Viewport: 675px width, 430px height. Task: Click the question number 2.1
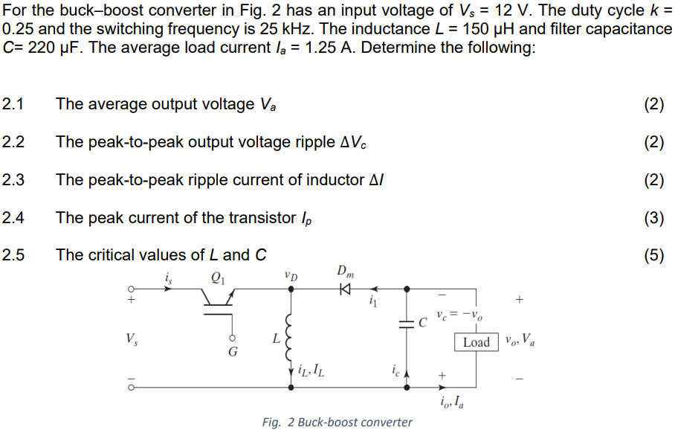pos(13,104)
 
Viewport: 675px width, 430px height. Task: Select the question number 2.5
pos(13,255)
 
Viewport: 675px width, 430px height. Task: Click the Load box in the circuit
pos(476,342)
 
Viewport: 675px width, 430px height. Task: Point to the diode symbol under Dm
pos(345,289)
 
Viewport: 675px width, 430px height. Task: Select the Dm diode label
pos(345,271)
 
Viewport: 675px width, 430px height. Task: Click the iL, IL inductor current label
pos(309,367)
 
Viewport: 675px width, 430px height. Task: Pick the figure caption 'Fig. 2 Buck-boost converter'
pos(337,422)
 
